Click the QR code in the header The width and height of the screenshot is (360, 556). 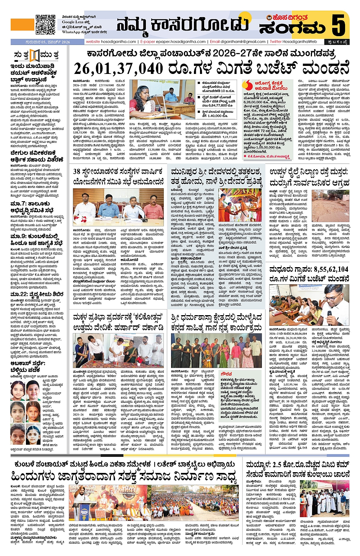(45, 24)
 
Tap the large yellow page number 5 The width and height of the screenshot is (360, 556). (338, 25)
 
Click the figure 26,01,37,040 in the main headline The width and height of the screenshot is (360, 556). (118, 69)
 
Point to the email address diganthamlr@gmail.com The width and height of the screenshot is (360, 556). (242, 42)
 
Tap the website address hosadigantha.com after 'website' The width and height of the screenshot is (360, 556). (118, 42)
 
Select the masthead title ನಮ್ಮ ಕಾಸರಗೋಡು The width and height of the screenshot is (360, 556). (183, 25)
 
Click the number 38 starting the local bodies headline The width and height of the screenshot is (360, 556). (77, 171)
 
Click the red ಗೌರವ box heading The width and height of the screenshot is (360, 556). (226, 374)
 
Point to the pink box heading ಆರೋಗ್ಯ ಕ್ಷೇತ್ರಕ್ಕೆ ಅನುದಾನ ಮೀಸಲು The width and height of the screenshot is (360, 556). (269, 85)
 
